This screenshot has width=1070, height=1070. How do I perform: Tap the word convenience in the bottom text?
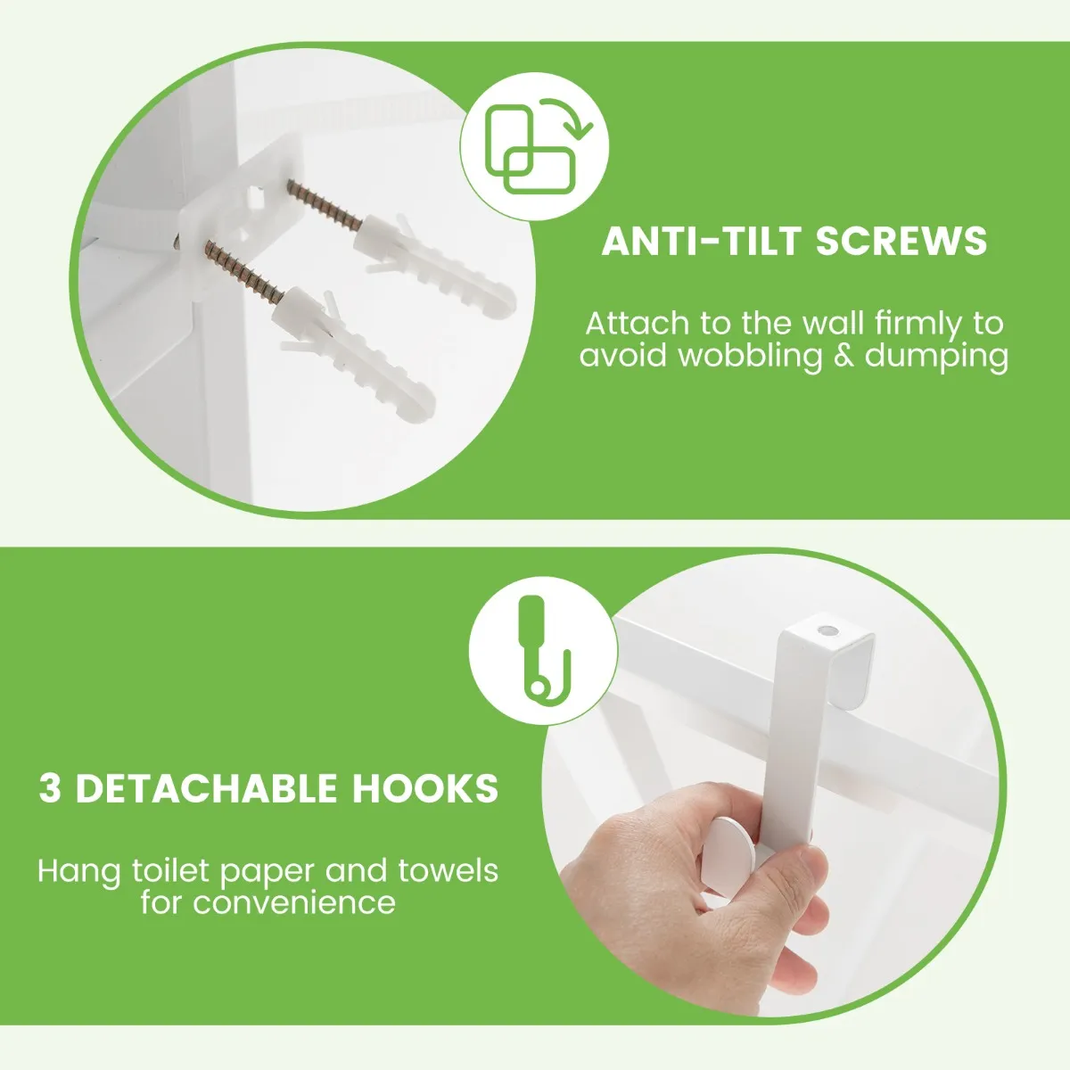[x=294, y=903]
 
